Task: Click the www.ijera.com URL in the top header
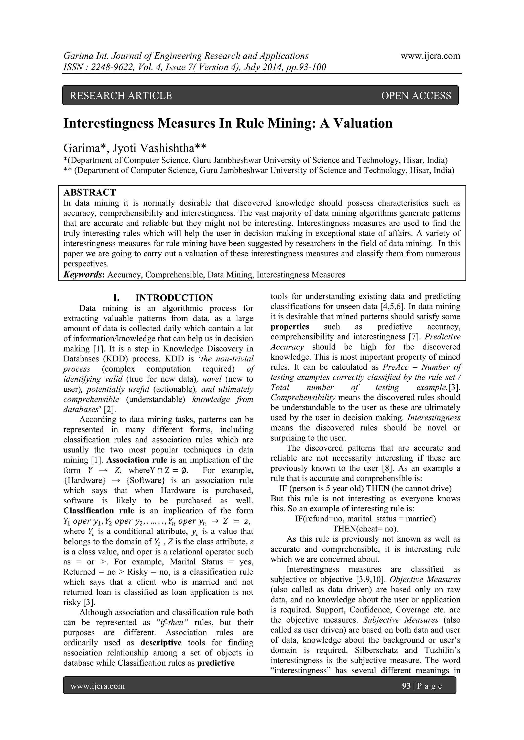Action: coord(430,56)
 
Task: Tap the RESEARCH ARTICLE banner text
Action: coord(121,95)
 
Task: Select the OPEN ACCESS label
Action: coord(416,95)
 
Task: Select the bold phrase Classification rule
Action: coord(99,511)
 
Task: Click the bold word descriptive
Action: coord(161,643)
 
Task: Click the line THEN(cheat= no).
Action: coord(365,529)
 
